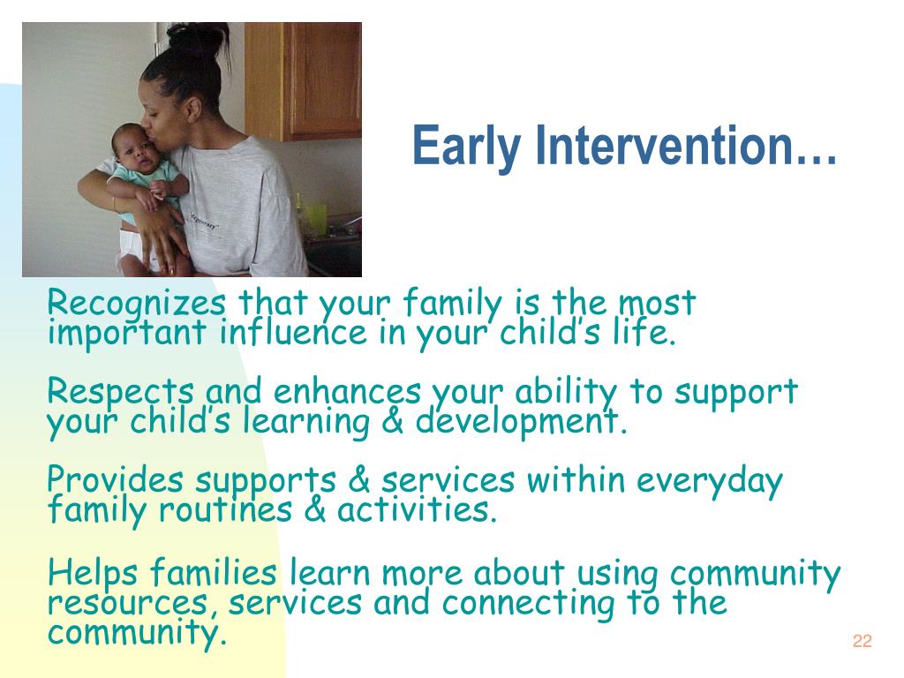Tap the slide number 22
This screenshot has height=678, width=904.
(x=862, y=641)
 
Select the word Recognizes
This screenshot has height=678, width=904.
(x=136, y=303)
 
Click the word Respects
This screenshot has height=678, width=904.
(x=120, y=391)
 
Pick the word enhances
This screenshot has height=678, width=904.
(x=347, y=391)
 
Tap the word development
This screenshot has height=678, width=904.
(x=521, y=421)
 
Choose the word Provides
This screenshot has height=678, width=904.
(x=116, y=479)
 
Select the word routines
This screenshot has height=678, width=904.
(x=225, y=509)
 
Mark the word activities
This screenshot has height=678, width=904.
(x=417, y=509)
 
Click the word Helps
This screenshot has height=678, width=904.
(x=93, y=573)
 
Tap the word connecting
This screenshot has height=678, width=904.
(x=529, y=604)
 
